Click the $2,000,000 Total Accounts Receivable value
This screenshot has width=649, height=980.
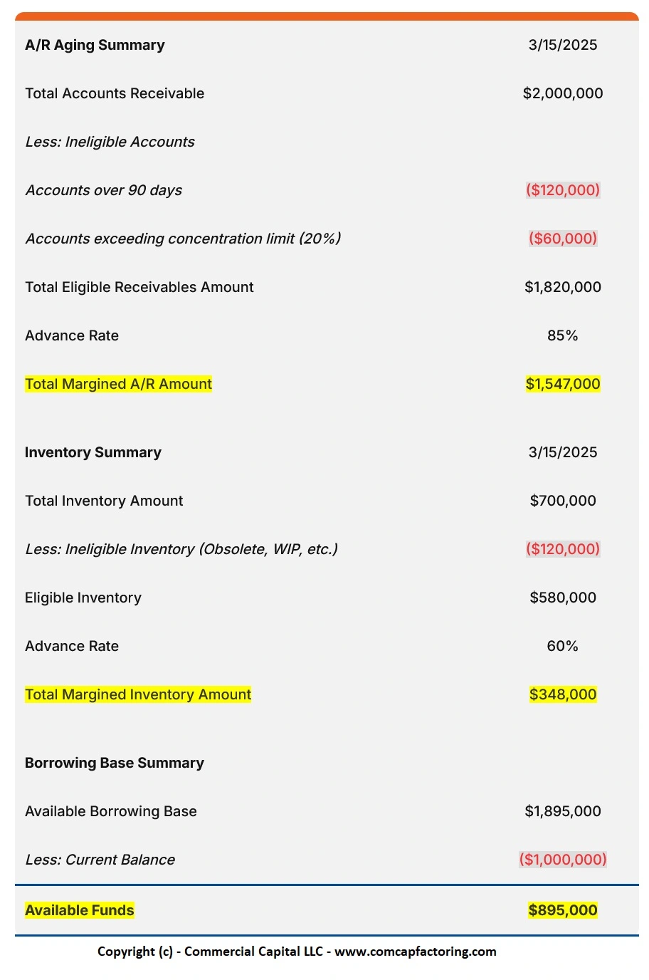click(x=562, y=93)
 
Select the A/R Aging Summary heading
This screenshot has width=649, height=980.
click(x=95, y=45)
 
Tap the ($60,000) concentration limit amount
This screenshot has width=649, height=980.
click(x=562, y=239)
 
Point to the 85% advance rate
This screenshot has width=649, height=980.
click(x=562, y=335)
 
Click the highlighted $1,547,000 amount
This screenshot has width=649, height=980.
click(x=562, y=384)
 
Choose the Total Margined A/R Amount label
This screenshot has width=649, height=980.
click(x=118, y=384)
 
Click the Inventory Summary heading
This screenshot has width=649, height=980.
click(x=93, y=452)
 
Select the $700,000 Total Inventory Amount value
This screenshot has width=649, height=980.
click(x=562, y=501)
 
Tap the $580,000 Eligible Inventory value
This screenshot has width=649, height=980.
click(x=562, y=598)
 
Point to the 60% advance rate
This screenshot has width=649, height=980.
click(x=562, y=646)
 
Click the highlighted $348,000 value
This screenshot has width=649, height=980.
click(x=562, y=694)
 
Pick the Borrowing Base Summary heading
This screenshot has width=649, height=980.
click(x=114, y=763)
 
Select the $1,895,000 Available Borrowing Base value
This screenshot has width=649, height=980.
click(x=562, y=811)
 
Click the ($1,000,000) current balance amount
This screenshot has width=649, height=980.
click(x=562, y=860)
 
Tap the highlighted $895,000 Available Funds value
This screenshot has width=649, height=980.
click(x=562, y=910)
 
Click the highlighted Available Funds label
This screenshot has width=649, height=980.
click(x=79, y=910)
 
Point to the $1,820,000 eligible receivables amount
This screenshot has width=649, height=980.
click(x=562, y=287)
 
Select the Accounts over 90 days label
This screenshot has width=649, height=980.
click(x=104, y=190)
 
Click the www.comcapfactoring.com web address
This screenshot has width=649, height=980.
click(x=415, y=952)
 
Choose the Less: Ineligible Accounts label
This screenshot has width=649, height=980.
click(x=110, y=142)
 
